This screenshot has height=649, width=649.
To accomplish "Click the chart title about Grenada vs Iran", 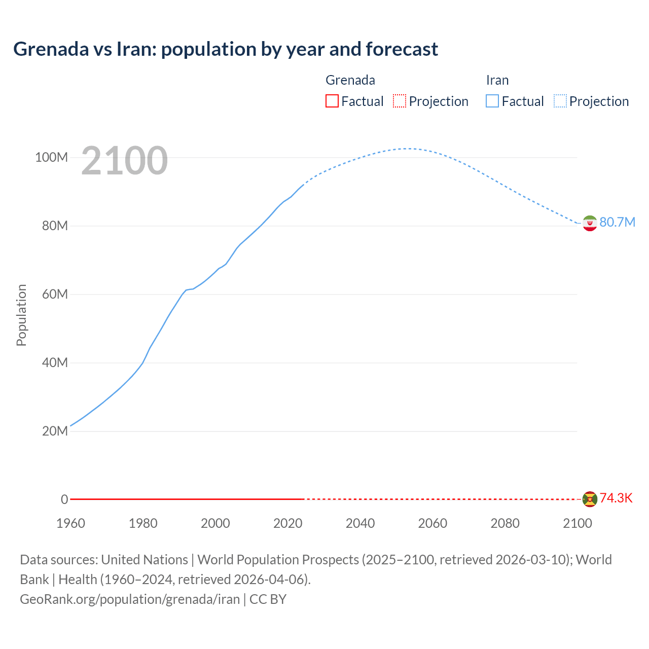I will (226, 49).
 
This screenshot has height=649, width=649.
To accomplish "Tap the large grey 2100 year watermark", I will (124, 161).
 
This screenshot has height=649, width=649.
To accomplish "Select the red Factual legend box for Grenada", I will (332, 101).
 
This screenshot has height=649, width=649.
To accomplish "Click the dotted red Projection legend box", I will (400, 101).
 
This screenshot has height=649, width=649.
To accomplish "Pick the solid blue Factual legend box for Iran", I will (492, 101).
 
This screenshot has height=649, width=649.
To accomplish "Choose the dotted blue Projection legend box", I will (560, 101).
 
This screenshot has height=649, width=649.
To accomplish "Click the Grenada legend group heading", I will (350, 80).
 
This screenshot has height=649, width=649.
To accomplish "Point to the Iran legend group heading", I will (497, 80).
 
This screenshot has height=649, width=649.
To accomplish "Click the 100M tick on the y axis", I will (51, 157).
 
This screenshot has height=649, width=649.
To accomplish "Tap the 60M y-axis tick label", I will (54, 294).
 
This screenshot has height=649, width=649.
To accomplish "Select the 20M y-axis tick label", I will (54, 431).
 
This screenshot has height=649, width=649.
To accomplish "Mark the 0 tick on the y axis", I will (64, 499).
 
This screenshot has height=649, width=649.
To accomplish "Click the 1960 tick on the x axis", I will (70, 523).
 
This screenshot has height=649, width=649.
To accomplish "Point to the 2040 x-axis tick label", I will (360, 523).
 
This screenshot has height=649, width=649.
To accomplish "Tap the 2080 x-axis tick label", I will (505, 523).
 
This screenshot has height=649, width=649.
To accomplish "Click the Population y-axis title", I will (21, 315).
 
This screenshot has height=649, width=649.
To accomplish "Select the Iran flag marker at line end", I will (590, 223).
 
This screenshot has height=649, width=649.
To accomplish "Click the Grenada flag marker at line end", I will (590, 499).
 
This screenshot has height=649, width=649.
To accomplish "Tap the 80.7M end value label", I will (617, 222).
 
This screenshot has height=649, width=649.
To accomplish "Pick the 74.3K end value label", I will (616, 498).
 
